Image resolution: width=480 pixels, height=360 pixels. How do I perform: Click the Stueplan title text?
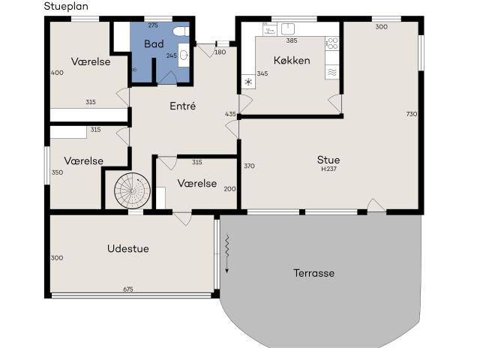[x=66, y=6]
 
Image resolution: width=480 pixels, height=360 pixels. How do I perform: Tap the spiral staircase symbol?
[x=133, y=190]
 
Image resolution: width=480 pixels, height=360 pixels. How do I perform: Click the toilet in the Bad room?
[x=178, y=31]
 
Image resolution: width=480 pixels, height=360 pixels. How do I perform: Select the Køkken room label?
[x=292, y=60]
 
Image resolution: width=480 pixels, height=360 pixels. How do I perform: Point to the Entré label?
[x=182, y=106]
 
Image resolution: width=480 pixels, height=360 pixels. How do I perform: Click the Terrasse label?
[x=313, y=273]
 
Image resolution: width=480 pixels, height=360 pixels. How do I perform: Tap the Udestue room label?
[x=127, y=249]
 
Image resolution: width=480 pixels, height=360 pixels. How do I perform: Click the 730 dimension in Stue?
[x=411, y=114]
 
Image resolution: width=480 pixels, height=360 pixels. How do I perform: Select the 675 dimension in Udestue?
[x=128, y=289]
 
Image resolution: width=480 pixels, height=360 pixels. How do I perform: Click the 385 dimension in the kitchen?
[x=292, y=40]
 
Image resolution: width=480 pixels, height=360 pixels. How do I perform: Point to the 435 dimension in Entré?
[x=230, y=114]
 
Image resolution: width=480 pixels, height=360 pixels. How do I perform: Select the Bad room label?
[x=154, y=44]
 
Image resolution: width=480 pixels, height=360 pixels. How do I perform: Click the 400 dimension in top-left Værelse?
[x=56, y=73]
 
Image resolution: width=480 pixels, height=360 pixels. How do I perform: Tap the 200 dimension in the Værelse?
[x=229, y=189]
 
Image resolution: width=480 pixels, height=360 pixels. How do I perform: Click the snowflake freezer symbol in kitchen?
[x=248, y=82]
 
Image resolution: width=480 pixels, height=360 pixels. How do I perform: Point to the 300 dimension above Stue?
[x=381, y=27]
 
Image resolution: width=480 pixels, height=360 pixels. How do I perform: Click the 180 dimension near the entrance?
[x=220, y=52]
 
